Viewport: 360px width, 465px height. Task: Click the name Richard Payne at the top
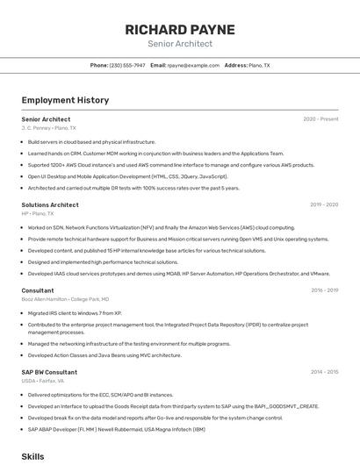179,29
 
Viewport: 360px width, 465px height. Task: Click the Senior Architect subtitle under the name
179,44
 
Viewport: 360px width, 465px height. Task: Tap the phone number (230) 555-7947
127,65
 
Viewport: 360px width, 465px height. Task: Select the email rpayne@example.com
193,65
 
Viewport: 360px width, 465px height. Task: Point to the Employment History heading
65,100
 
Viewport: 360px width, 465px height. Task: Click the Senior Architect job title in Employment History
46,119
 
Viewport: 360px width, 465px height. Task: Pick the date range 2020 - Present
320,119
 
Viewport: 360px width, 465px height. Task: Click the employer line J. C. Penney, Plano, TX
48,128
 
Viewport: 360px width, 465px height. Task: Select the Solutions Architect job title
50,204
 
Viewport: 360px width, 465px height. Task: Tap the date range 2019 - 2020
324,204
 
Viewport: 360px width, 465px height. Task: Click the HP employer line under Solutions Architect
38,213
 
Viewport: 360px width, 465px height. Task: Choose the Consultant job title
38,290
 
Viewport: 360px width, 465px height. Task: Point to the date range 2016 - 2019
324,290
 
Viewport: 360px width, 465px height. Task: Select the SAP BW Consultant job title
48,372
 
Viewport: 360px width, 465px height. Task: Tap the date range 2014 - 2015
324,372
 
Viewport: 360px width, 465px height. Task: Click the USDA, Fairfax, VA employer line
42,381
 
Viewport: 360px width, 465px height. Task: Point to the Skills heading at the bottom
32,457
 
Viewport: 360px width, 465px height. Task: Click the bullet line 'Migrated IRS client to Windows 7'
75,312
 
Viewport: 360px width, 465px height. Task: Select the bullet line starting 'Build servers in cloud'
91,141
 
